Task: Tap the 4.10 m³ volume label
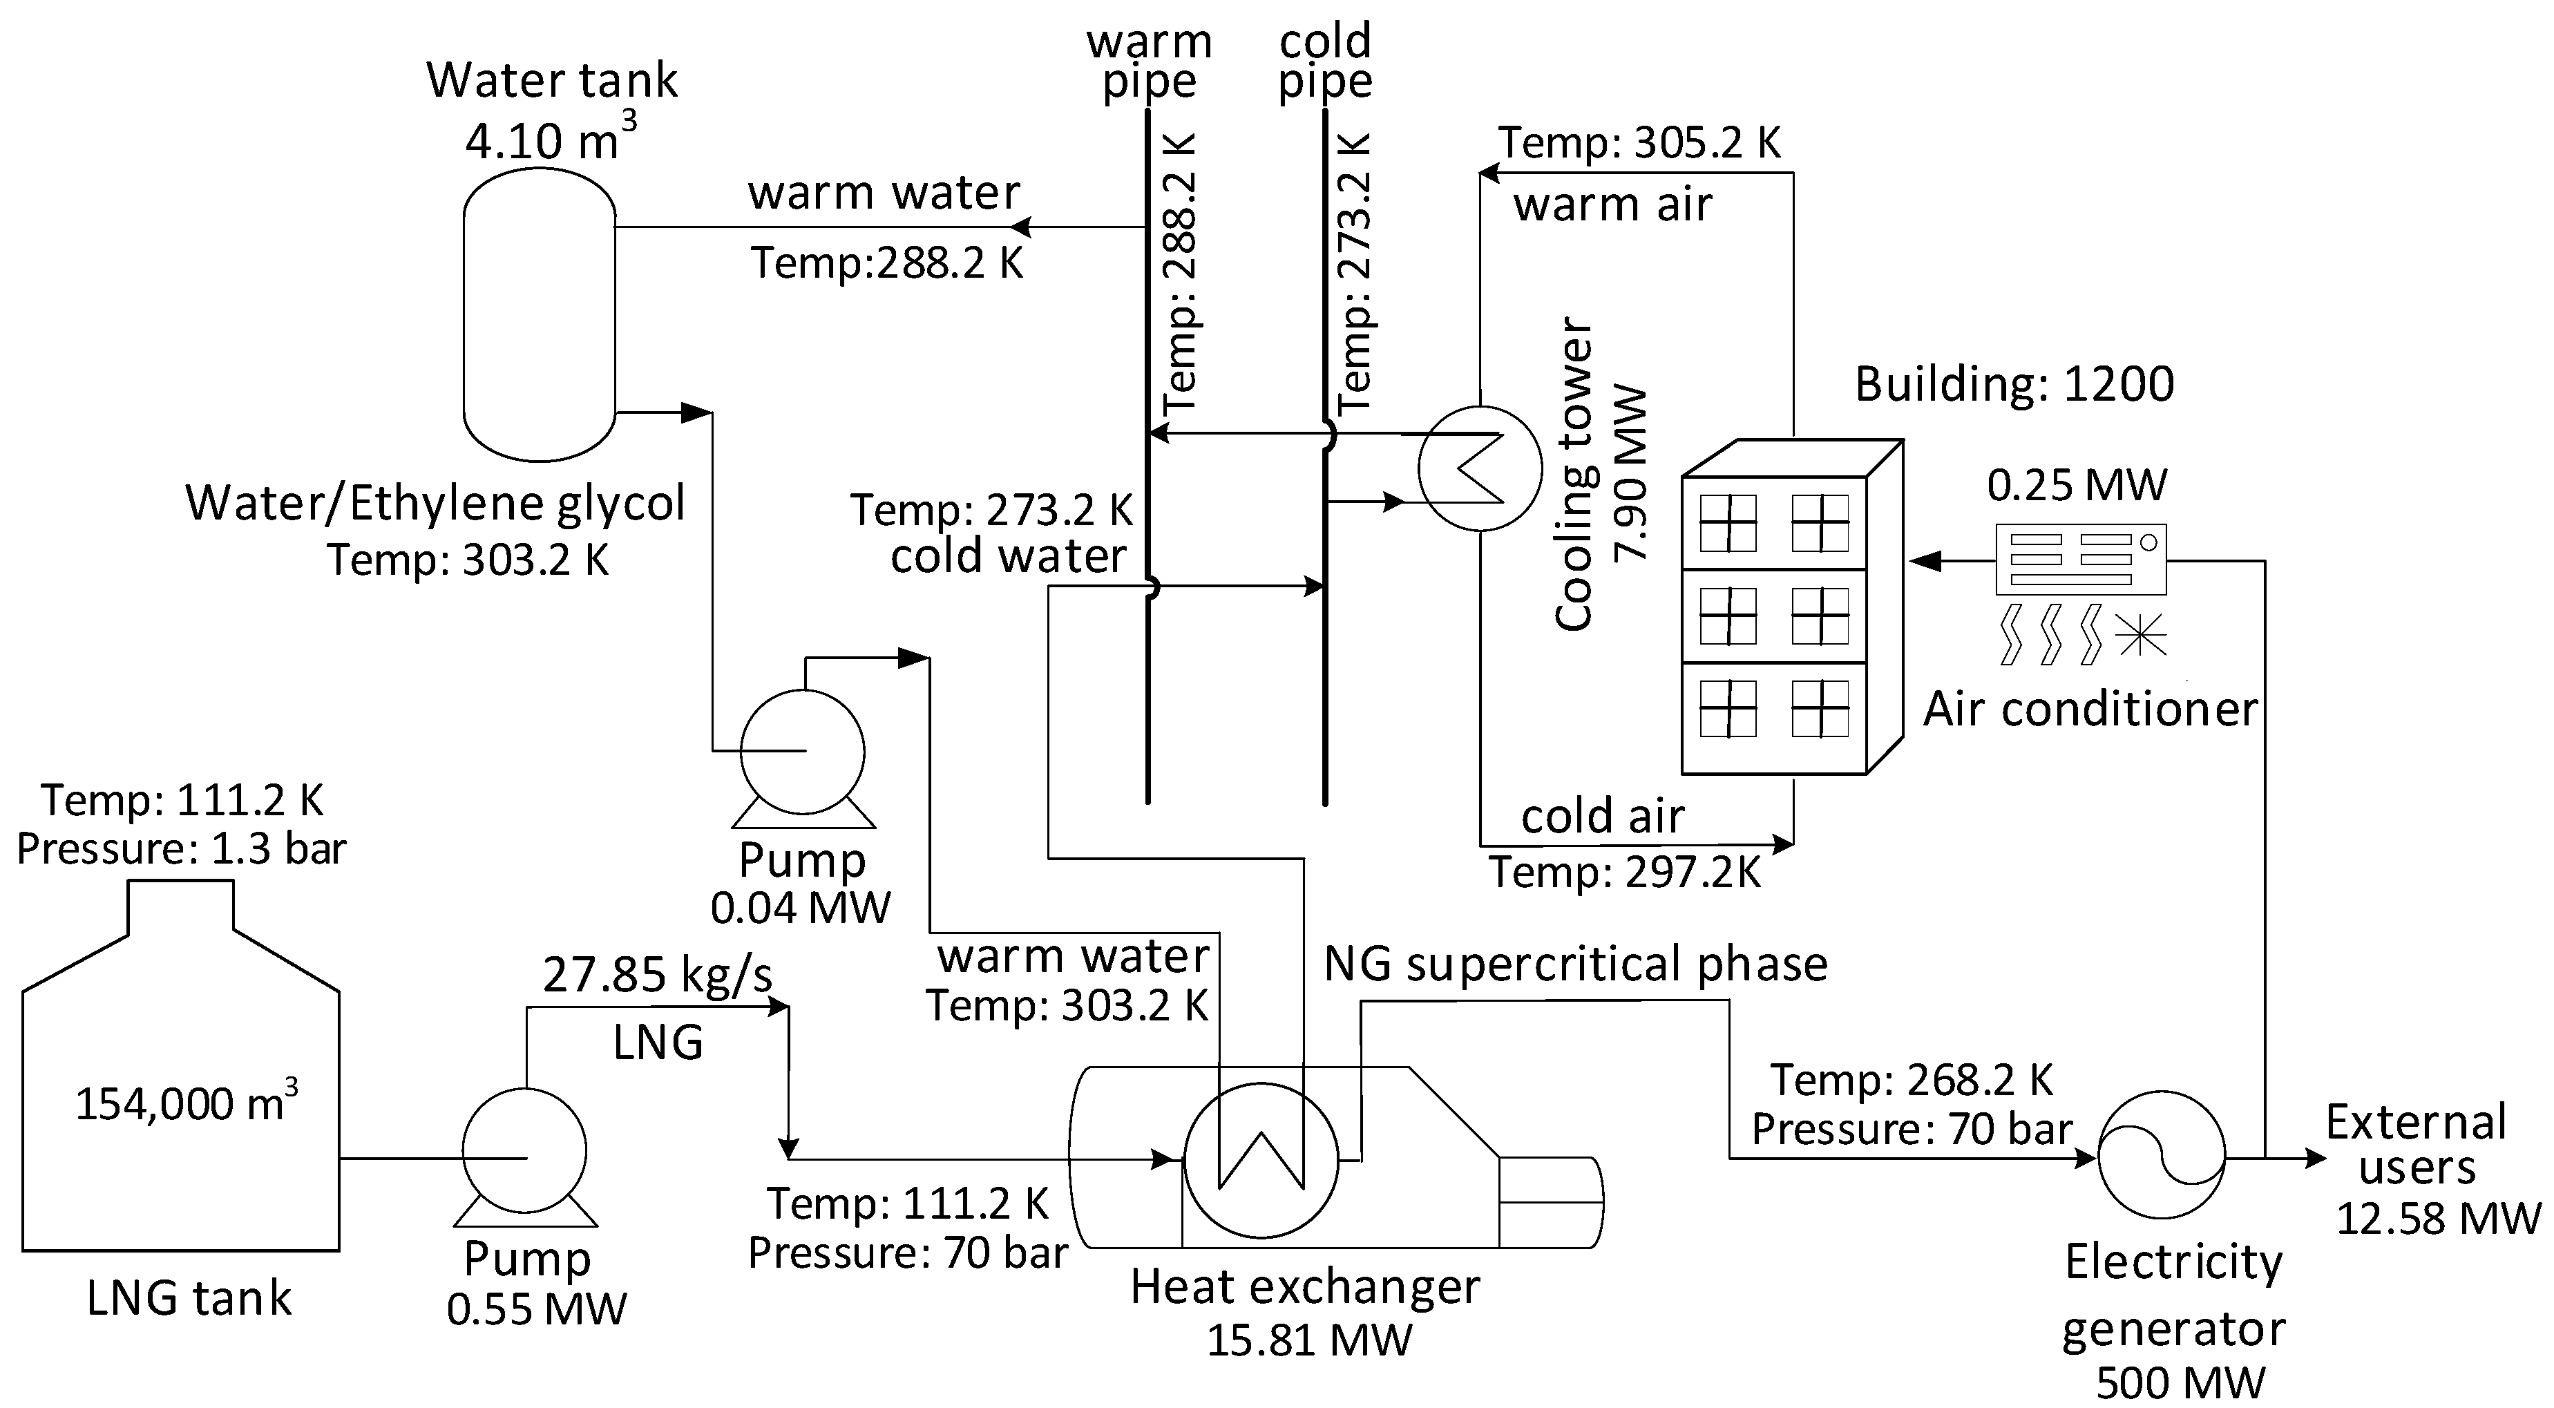point(551,139)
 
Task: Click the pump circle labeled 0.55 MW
point(524,1151)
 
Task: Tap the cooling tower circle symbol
point(1479,468)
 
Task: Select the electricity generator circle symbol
point(2162,1155)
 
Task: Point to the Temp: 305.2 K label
point(1639,143)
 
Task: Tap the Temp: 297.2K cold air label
point(1626,873)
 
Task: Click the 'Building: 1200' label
point(2014,383)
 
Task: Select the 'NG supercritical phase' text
point(1575,964)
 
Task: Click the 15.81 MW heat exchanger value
point(1308,1340)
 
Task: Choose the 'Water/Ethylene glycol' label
point(435,503)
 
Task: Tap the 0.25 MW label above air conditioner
point(2077,485)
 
